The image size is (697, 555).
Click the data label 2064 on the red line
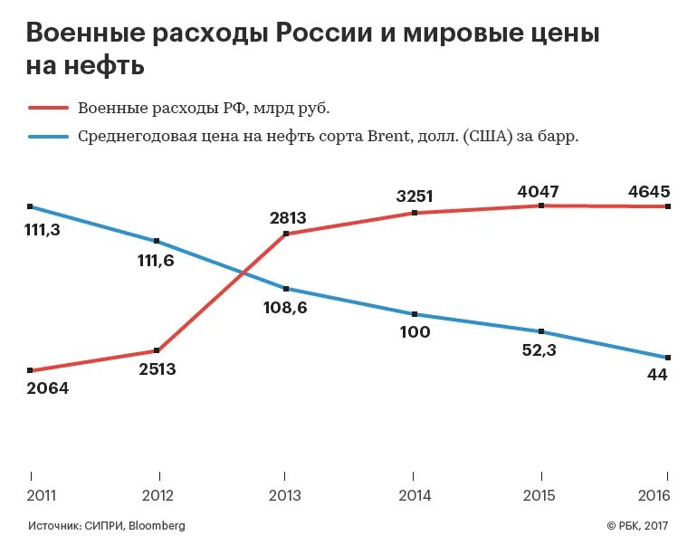[48, 388]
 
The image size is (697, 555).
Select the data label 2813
[288, 217]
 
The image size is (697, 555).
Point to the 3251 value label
[415, 196]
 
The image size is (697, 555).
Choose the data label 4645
[648, 191]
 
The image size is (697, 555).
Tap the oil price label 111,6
[156, 261]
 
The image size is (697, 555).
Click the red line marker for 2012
[158, 350]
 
